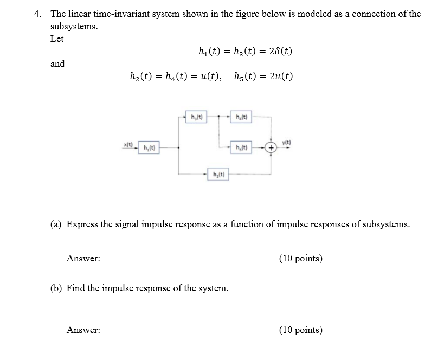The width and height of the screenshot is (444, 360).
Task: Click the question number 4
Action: tap(37, 14)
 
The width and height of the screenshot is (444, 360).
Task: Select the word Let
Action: tap(57, 39)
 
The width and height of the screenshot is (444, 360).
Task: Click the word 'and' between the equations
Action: tap(57, 63)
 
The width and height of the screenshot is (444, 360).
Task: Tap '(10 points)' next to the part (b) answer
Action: tap(301, 330)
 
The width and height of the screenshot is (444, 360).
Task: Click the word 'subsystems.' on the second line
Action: tap(74, 27)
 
